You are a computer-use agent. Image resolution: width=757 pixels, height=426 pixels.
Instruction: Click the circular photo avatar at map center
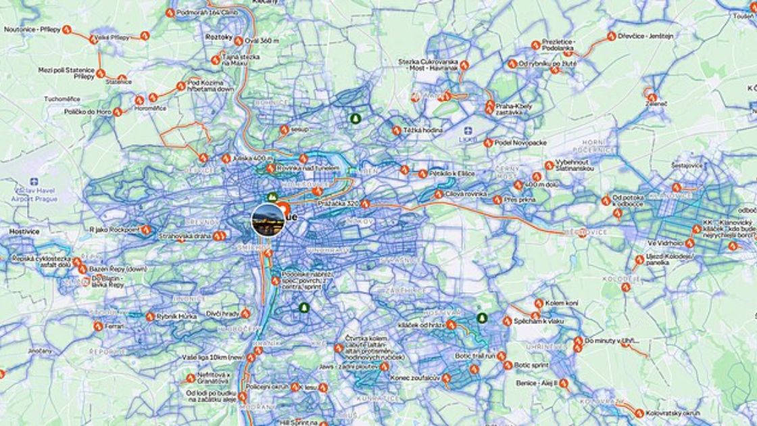(268, 220)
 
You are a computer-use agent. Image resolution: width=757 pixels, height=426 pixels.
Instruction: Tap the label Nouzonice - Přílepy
(32, 30)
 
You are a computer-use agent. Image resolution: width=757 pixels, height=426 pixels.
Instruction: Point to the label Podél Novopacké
(520, 143)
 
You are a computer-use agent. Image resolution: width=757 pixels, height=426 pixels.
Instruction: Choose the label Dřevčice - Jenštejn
(645, 36)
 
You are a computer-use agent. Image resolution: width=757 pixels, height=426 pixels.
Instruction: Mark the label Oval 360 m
(261, 41)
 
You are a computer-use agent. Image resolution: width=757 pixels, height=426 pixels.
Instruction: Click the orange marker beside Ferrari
(98, 326)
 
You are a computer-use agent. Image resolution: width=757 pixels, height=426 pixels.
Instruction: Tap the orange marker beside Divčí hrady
(245, 314)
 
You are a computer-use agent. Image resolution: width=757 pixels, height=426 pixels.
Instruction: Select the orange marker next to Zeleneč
(652, 97)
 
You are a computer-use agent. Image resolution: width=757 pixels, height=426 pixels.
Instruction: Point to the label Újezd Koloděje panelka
(670, 260)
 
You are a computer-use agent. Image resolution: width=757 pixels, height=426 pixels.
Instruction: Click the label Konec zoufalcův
(415, 378)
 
